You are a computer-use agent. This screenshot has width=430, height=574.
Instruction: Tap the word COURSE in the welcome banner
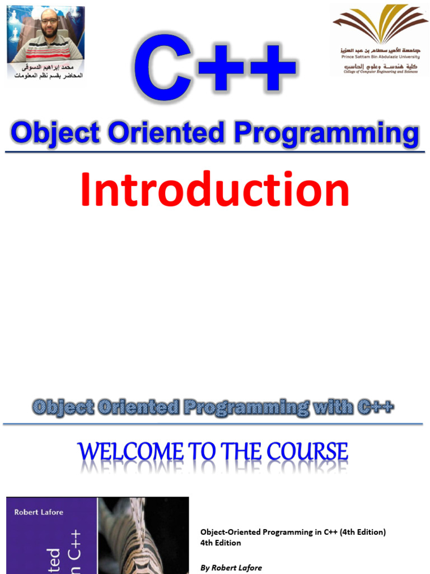[311, 452]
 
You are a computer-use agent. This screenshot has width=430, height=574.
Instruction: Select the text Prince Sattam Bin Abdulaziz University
[380, 57]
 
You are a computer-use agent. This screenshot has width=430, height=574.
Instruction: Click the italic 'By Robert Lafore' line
[231, 568]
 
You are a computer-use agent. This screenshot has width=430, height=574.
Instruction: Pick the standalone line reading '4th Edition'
[221, 543]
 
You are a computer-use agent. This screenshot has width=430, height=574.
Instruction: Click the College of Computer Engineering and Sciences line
[380, 72]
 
